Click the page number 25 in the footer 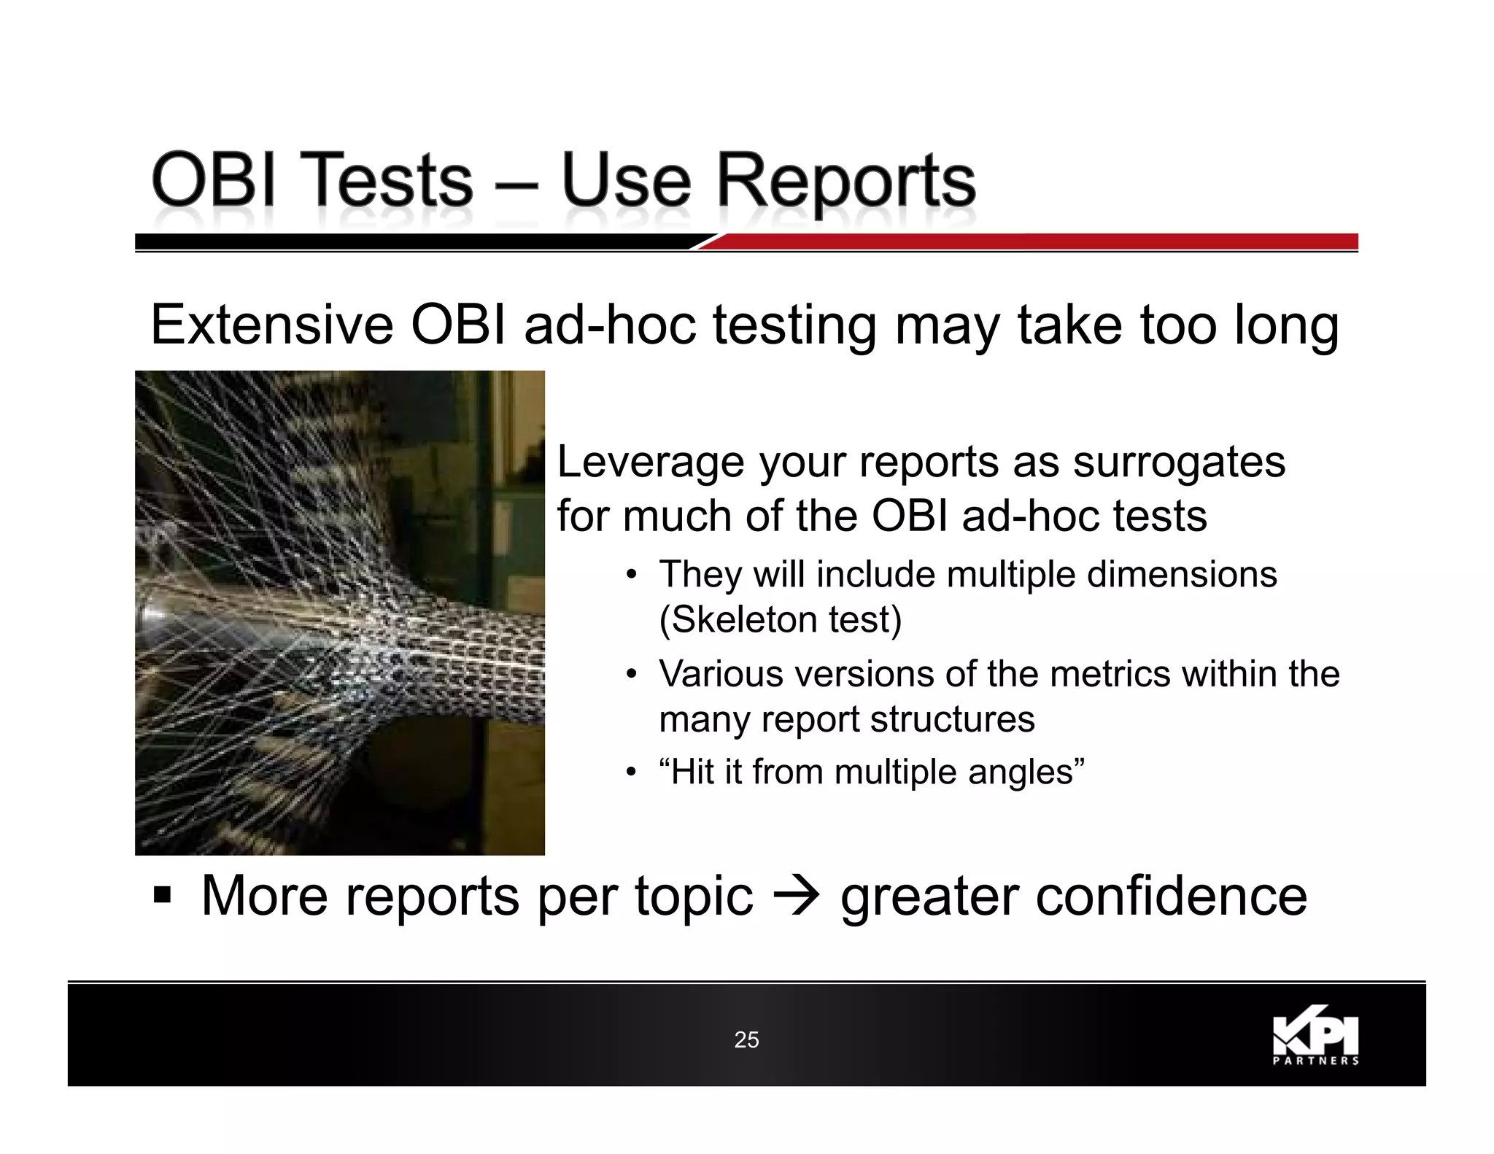pyautogui.click(x=746, y=1039)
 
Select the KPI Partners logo pyautogui.click(x=1315, y=1036)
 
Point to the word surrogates pyautogui.click(x=1179, y=462)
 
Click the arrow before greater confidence pyautogui.click(x=797, y=897)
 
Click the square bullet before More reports pyautogui.click(x=162, y=895)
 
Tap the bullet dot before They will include pyautogui.click(x=632, y=575)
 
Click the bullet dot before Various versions pyautogui.click(x=632, y=674)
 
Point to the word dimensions pyautogui.click(x=1182, y=575)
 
